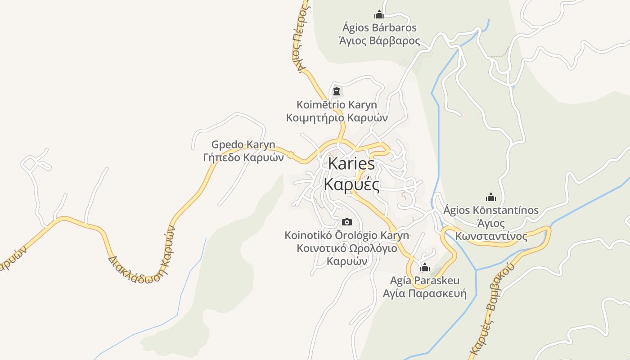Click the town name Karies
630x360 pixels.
(x=351, y=164)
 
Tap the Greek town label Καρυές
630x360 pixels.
(x=351, y=184)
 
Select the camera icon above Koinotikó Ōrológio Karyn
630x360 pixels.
(x=346, y=222)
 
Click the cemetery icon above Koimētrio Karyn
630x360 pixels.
(x=336, y=92)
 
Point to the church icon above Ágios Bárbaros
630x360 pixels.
(x=379, y=14)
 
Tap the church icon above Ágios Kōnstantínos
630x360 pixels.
(x=490, y=197)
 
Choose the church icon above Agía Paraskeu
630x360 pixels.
(x=424, y=268)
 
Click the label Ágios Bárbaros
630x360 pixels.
(x=379, y=28)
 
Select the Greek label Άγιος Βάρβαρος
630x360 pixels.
(x=379, y=41)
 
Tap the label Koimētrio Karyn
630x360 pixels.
(x=337, y=105)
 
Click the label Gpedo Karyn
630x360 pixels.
(x=243, y=145)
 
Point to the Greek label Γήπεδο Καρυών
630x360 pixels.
(x=243, y=157)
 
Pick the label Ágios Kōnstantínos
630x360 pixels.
(x=490, y=210)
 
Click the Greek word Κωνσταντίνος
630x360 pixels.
(x=490, y=236)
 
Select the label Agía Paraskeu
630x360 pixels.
(x=424, y=281)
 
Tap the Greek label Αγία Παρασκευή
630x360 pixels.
(x=424, y=294)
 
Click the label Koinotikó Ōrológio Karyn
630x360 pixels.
(x=346, y=235)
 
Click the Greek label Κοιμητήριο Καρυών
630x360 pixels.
(x=337, y=118)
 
